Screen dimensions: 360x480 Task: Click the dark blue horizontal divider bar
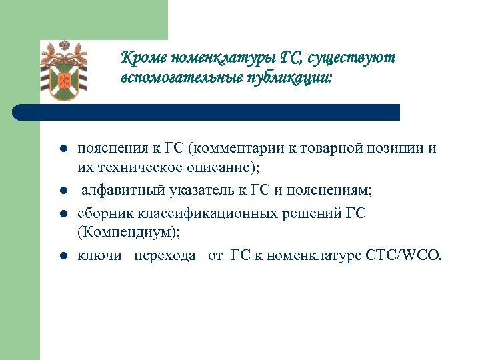coord(207,112)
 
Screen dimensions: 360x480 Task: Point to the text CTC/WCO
coord(406,255)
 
